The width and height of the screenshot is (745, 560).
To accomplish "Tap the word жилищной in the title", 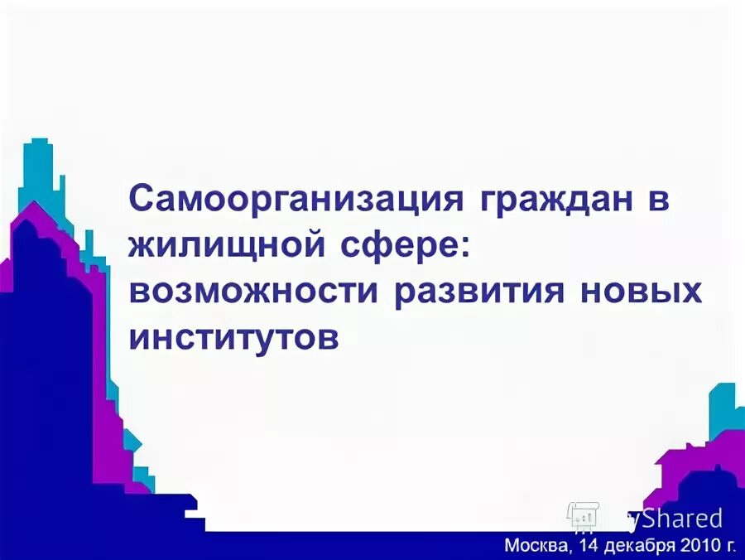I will (227, 246).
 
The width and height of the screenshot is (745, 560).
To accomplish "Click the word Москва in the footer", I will (536, 545).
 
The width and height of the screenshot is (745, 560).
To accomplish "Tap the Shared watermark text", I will (684, 519).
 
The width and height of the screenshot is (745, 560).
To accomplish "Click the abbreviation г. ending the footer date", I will (730, 546).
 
